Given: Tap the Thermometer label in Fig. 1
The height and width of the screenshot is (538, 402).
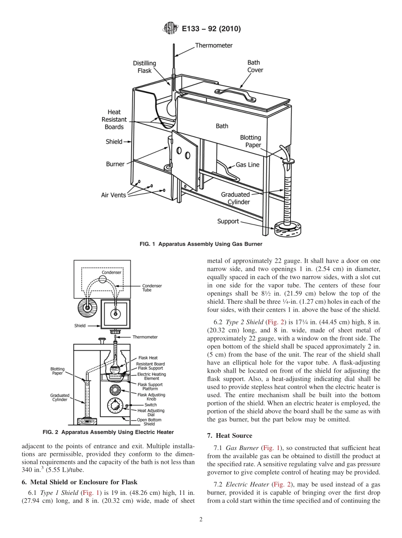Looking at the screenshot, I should tap(214, 45).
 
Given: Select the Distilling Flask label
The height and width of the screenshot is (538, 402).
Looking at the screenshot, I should tap(144, 67).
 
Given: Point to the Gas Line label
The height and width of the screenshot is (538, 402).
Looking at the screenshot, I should tap(247, 165).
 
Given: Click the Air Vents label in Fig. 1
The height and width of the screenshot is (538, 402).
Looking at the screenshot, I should tap(113, 195).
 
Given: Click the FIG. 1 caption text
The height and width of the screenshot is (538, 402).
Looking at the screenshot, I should tap(201, 244).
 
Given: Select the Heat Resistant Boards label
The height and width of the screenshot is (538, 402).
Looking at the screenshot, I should tap(114, 119).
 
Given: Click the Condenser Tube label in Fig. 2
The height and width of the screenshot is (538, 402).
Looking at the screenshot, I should tap(152, 288).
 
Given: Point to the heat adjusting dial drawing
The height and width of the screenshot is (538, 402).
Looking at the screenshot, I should tap(116, 406).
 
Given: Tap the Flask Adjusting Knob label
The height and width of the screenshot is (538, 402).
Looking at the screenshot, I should tap(151, 397).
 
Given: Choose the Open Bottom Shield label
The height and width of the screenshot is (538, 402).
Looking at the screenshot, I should tap(149, 422).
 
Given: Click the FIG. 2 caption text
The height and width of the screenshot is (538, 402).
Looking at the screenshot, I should tap(108, 432).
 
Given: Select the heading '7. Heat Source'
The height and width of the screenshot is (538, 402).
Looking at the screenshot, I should tap(229, 436).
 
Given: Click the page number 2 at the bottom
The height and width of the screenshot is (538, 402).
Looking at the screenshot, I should tap(201, 520).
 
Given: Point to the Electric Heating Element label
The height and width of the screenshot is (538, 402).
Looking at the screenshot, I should tap(151, 376).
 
